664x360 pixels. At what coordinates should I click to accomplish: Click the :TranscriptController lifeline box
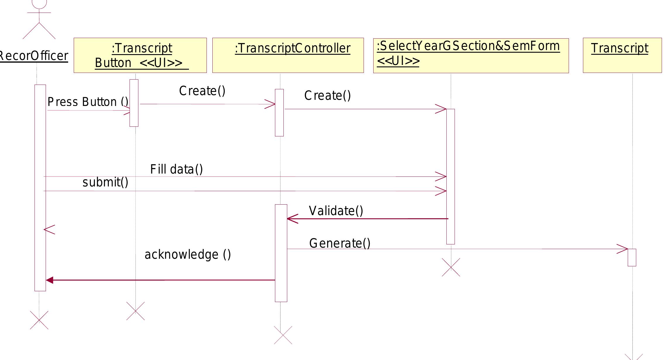click(x=288, y=55)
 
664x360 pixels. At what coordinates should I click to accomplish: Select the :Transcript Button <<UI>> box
click(x=140, y=55)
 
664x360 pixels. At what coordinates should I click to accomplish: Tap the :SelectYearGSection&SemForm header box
click(x=471, y=55)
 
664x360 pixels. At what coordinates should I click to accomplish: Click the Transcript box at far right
click(x=622, y=55)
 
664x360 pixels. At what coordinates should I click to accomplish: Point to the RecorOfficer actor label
click(x=33, y=56)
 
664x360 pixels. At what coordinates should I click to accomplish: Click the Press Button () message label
click(x=88, y=102)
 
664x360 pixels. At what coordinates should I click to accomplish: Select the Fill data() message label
click(x=176, y=169)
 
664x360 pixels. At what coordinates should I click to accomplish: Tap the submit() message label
click(x=105, y=182)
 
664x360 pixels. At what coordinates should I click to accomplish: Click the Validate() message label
click(x=336, y=211)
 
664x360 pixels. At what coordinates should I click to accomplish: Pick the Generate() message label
click(x=340, y=243)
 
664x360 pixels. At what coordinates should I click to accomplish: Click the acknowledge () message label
click(x=187, y=254)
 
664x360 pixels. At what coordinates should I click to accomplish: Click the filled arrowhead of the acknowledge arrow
click(x=49, y=280)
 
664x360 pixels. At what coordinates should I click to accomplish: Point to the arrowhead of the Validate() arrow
click(x=292, y=219)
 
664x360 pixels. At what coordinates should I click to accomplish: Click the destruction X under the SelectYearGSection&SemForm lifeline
click(x=451, y=267)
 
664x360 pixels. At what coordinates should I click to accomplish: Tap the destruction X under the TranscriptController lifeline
click(x=283, y=335)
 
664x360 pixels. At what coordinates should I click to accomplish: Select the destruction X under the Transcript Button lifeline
click(x=135, y=311)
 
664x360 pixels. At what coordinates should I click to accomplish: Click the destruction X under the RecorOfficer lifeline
click(x=39, y=320)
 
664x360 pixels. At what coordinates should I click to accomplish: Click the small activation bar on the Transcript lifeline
click(x=632, y=257)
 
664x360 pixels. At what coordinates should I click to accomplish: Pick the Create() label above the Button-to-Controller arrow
click(x=202, y=91)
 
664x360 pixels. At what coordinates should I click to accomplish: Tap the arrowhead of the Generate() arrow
click(x=623, y=249)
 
